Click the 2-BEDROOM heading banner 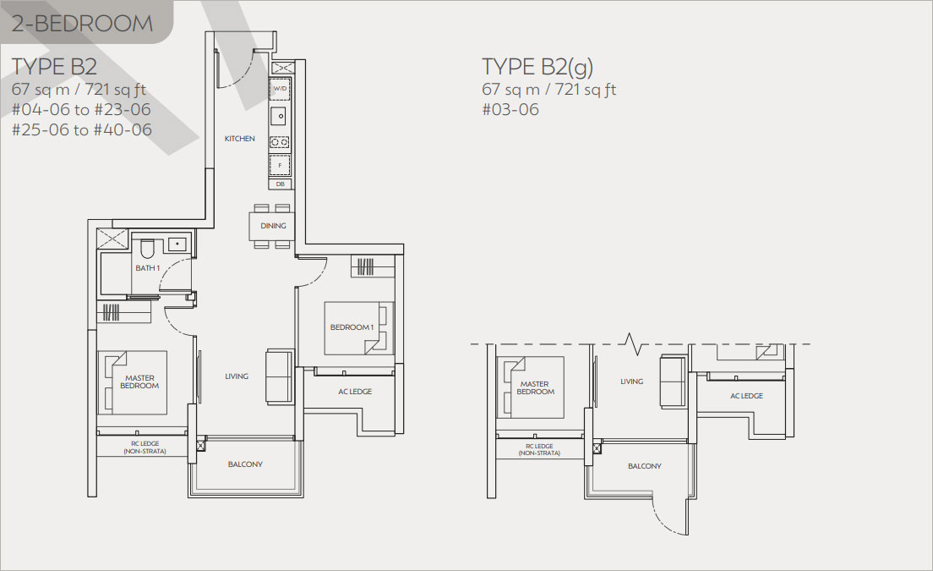pos(84,23)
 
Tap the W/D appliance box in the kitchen pos(280,89)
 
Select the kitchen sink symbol pos(278,116)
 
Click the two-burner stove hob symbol pos(280,142)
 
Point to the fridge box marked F pos(280,165)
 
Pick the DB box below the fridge pos(281,184)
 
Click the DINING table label pos(273,226)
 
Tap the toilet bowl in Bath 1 pos(147,249)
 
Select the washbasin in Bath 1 pos(177,244)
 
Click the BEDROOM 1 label pos(352,327)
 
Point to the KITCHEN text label pos(239,139)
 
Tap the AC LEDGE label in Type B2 pos(355,391)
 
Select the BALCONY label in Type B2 pos(245,464)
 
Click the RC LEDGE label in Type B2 pos(145,447)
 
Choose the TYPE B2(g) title pos(537,67)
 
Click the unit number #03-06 pos(510,110)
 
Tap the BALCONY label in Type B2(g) pos(645,466)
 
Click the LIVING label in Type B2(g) pos(631,382)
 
